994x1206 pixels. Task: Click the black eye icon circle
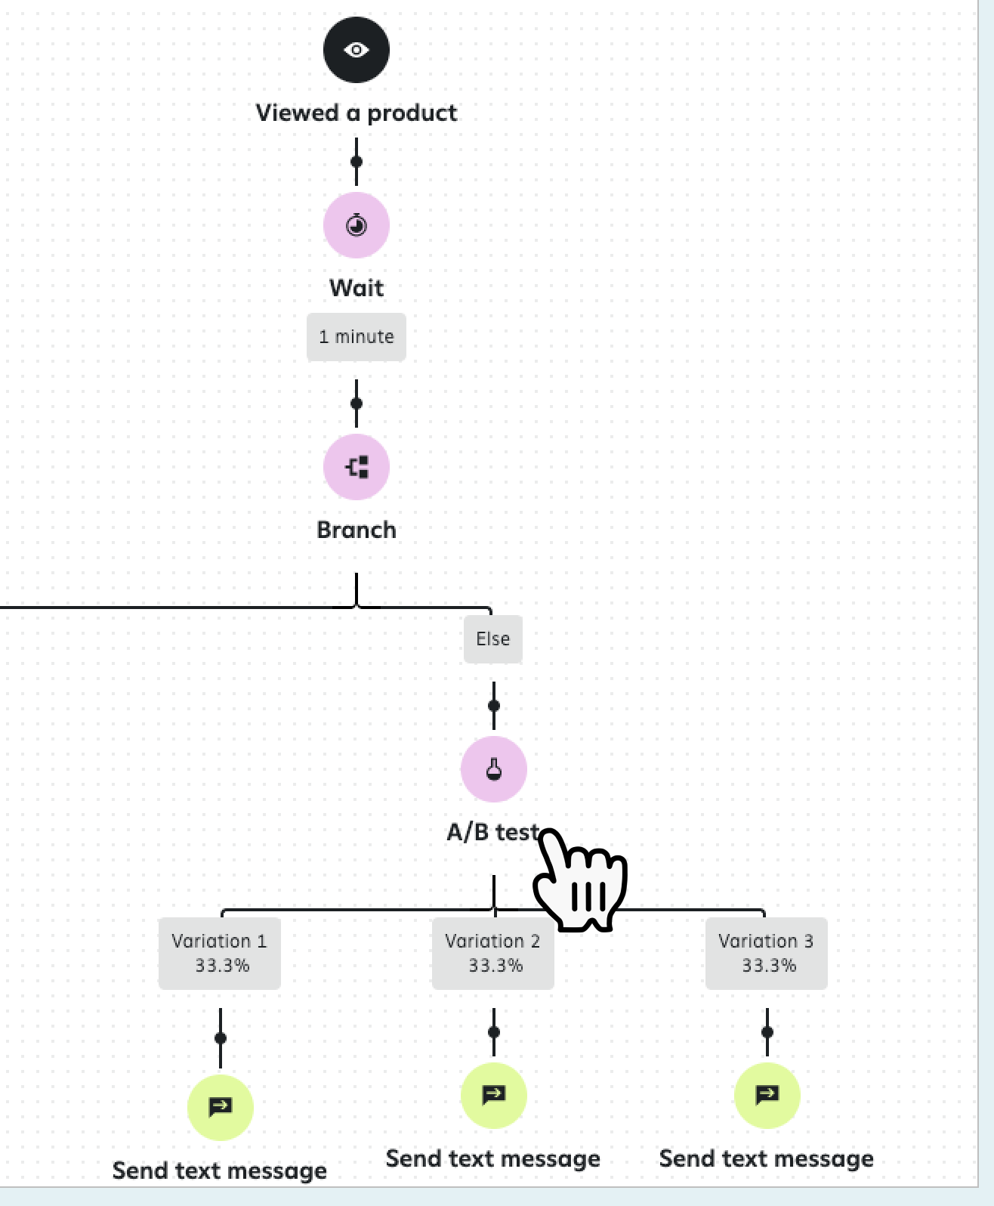(356, 50)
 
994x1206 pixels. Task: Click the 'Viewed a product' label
(356, 113)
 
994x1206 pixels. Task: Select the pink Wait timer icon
(356, 225)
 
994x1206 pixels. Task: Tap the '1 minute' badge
(356, 336)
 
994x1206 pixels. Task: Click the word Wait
(356, 288)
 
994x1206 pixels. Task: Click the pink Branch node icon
(356, 467)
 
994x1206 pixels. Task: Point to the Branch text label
(356, 530)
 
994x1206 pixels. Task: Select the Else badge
(492, 639)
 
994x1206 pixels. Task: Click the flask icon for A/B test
(493, 769)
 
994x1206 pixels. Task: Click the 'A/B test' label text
(492, 832)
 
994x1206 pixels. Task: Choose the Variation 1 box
(219, 953)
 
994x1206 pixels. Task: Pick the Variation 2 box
(492, 953)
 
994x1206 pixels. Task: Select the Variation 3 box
(766, 953)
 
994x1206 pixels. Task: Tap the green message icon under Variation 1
(220, 1107)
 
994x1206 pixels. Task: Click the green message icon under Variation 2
(493, 1095)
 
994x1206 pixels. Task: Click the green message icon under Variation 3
(767, 1095)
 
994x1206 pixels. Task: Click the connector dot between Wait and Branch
(356, 404)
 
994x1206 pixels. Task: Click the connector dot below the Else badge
(493, 706)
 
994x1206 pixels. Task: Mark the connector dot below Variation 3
(767, 1032)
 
